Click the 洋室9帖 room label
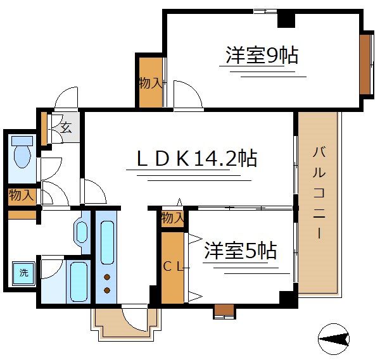[262, 56]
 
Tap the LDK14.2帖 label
[197, 158]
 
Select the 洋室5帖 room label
[240, 251]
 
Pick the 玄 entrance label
[66, 127]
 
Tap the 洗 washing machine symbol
[23, 273]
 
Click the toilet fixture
[23, 152]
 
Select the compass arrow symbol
[334, 340]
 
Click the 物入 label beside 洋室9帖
[151, 83]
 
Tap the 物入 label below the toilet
[22, 196]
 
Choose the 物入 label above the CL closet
[172, 218]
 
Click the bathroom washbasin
[83, 231]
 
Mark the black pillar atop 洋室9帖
[286, 19]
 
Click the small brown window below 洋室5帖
[224, 310]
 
